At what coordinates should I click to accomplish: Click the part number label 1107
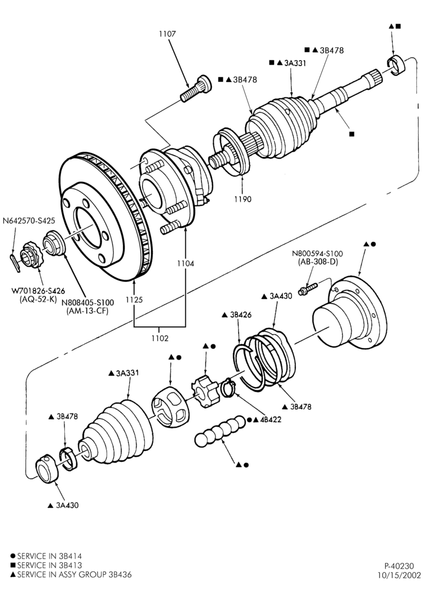click(167, 34)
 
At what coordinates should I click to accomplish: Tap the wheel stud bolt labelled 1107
click(196, 88)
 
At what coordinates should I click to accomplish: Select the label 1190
click(242, 199)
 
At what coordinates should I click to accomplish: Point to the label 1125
click(134, 300)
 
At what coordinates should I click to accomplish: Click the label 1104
click(185, 263)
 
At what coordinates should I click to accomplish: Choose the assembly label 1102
click(159, 338)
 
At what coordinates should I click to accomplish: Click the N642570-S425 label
click(28, 221)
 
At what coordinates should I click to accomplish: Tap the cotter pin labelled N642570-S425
click(15, 262)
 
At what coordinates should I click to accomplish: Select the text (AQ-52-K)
click(38, 300)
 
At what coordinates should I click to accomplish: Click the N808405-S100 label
click(87, 303)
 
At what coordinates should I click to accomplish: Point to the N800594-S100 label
click(317, 254)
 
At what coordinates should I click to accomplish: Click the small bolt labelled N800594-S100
click(308, 289)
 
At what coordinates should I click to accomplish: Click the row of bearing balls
click(220, 431)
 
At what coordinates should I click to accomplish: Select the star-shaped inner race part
click(205, 391)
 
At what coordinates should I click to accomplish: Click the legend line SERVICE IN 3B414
click(46, 556)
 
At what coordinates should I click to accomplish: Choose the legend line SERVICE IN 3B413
click(46, 565)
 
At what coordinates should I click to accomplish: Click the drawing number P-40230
click(399, 566)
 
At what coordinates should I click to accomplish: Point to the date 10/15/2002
click(396, 575)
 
